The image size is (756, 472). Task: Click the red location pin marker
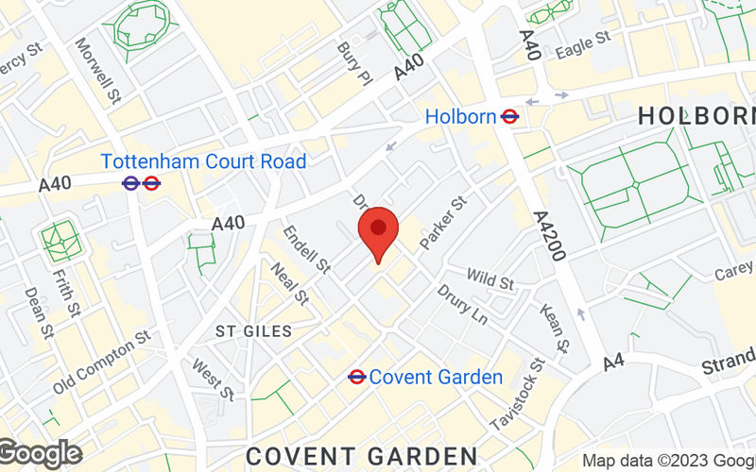pos(378,232)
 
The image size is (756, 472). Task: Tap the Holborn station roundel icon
pos(510,117)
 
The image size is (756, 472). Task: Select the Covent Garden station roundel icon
pos(356,377)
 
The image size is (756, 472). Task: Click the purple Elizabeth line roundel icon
pos(131,183)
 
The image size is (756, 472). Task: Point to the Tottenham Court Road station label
pos(203,161)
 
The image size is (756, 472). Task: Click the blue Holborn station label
pos(460,117)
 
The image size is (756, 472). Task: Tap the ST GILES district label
pos(253,331)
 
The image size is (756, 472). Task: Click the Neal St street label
pos(289,283)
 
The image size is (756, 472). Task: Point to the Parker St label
pos(444,223)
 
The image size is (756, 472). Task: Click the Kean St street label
pos(554,328)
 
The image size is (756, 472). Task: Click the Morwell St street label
pos(99,70)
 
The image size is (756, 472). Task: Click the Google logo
pos(40,454)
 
